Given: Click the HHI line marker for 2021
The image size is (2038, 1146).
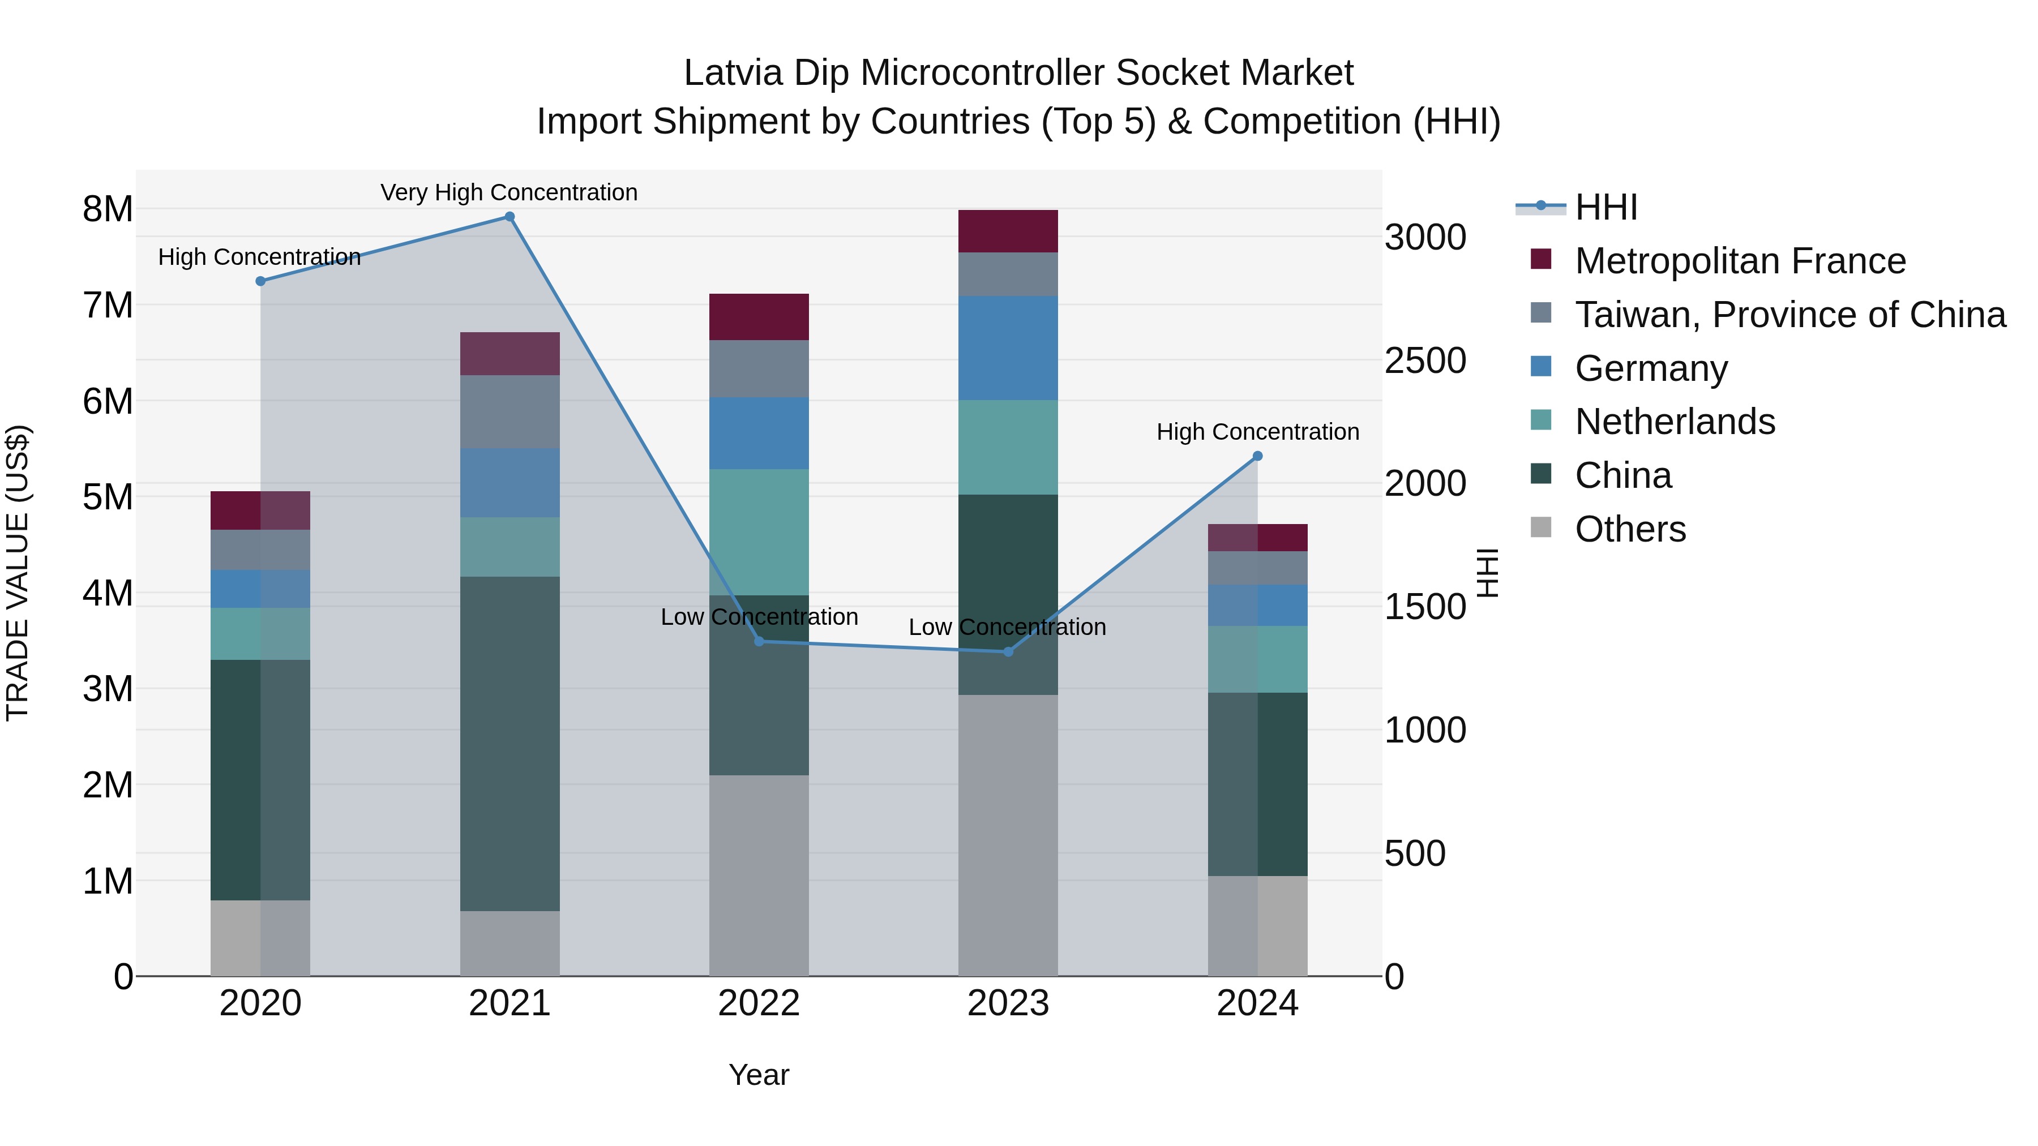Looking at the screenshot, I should pos(509,217).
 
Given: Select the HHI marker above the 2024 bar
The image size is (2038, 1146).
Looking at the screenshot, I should pos(1257,456).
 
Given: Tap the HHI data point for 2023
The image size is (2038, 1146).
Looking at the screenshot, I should pos(1008,652).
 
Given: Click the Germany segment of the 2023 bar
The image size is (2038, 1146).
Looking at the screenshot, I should pos(1008,348).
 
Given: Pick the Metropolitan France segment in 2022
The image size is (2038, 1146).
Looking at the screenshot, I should pos(759,317).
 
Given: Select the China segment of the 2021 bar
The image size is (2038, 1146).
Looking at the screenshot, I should pos(509,744).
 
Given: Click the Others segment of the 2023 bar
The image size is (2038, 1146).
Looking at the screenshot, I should pos(1008,835).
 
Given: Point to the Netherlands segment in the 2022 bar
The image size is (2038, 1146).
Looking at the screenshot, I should pos(759,533).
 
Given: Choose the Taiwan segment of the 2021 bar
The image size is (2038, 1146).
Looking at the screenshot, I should pos(509,411).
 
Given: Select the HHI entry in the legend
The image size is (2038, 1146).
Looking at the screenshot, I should pos(1605,207).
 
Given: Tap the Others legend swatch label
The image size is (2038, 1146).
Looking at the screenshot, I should pos(1630,529).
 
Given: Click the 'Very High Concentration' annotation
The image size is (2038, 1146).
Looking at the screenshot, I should pos(509,192).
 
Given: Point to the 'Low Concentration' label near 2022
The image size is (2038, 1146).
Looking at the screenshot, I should pos(759,617).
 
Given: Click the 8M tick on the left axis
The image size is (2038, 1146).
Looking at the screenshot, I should pos(108,209).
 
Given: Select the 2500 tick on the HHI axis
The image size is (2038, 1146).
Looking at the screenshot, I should pos(1425,360).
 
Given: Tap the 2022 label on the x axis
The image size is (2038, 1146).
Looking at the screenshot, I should pos(759,1003).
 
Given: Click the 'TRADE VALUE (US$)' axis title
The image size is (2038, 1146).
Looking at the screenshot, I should pos(18,573).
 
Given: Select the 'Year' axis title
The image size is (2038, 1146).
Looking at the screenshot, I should pos(758,1075).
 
